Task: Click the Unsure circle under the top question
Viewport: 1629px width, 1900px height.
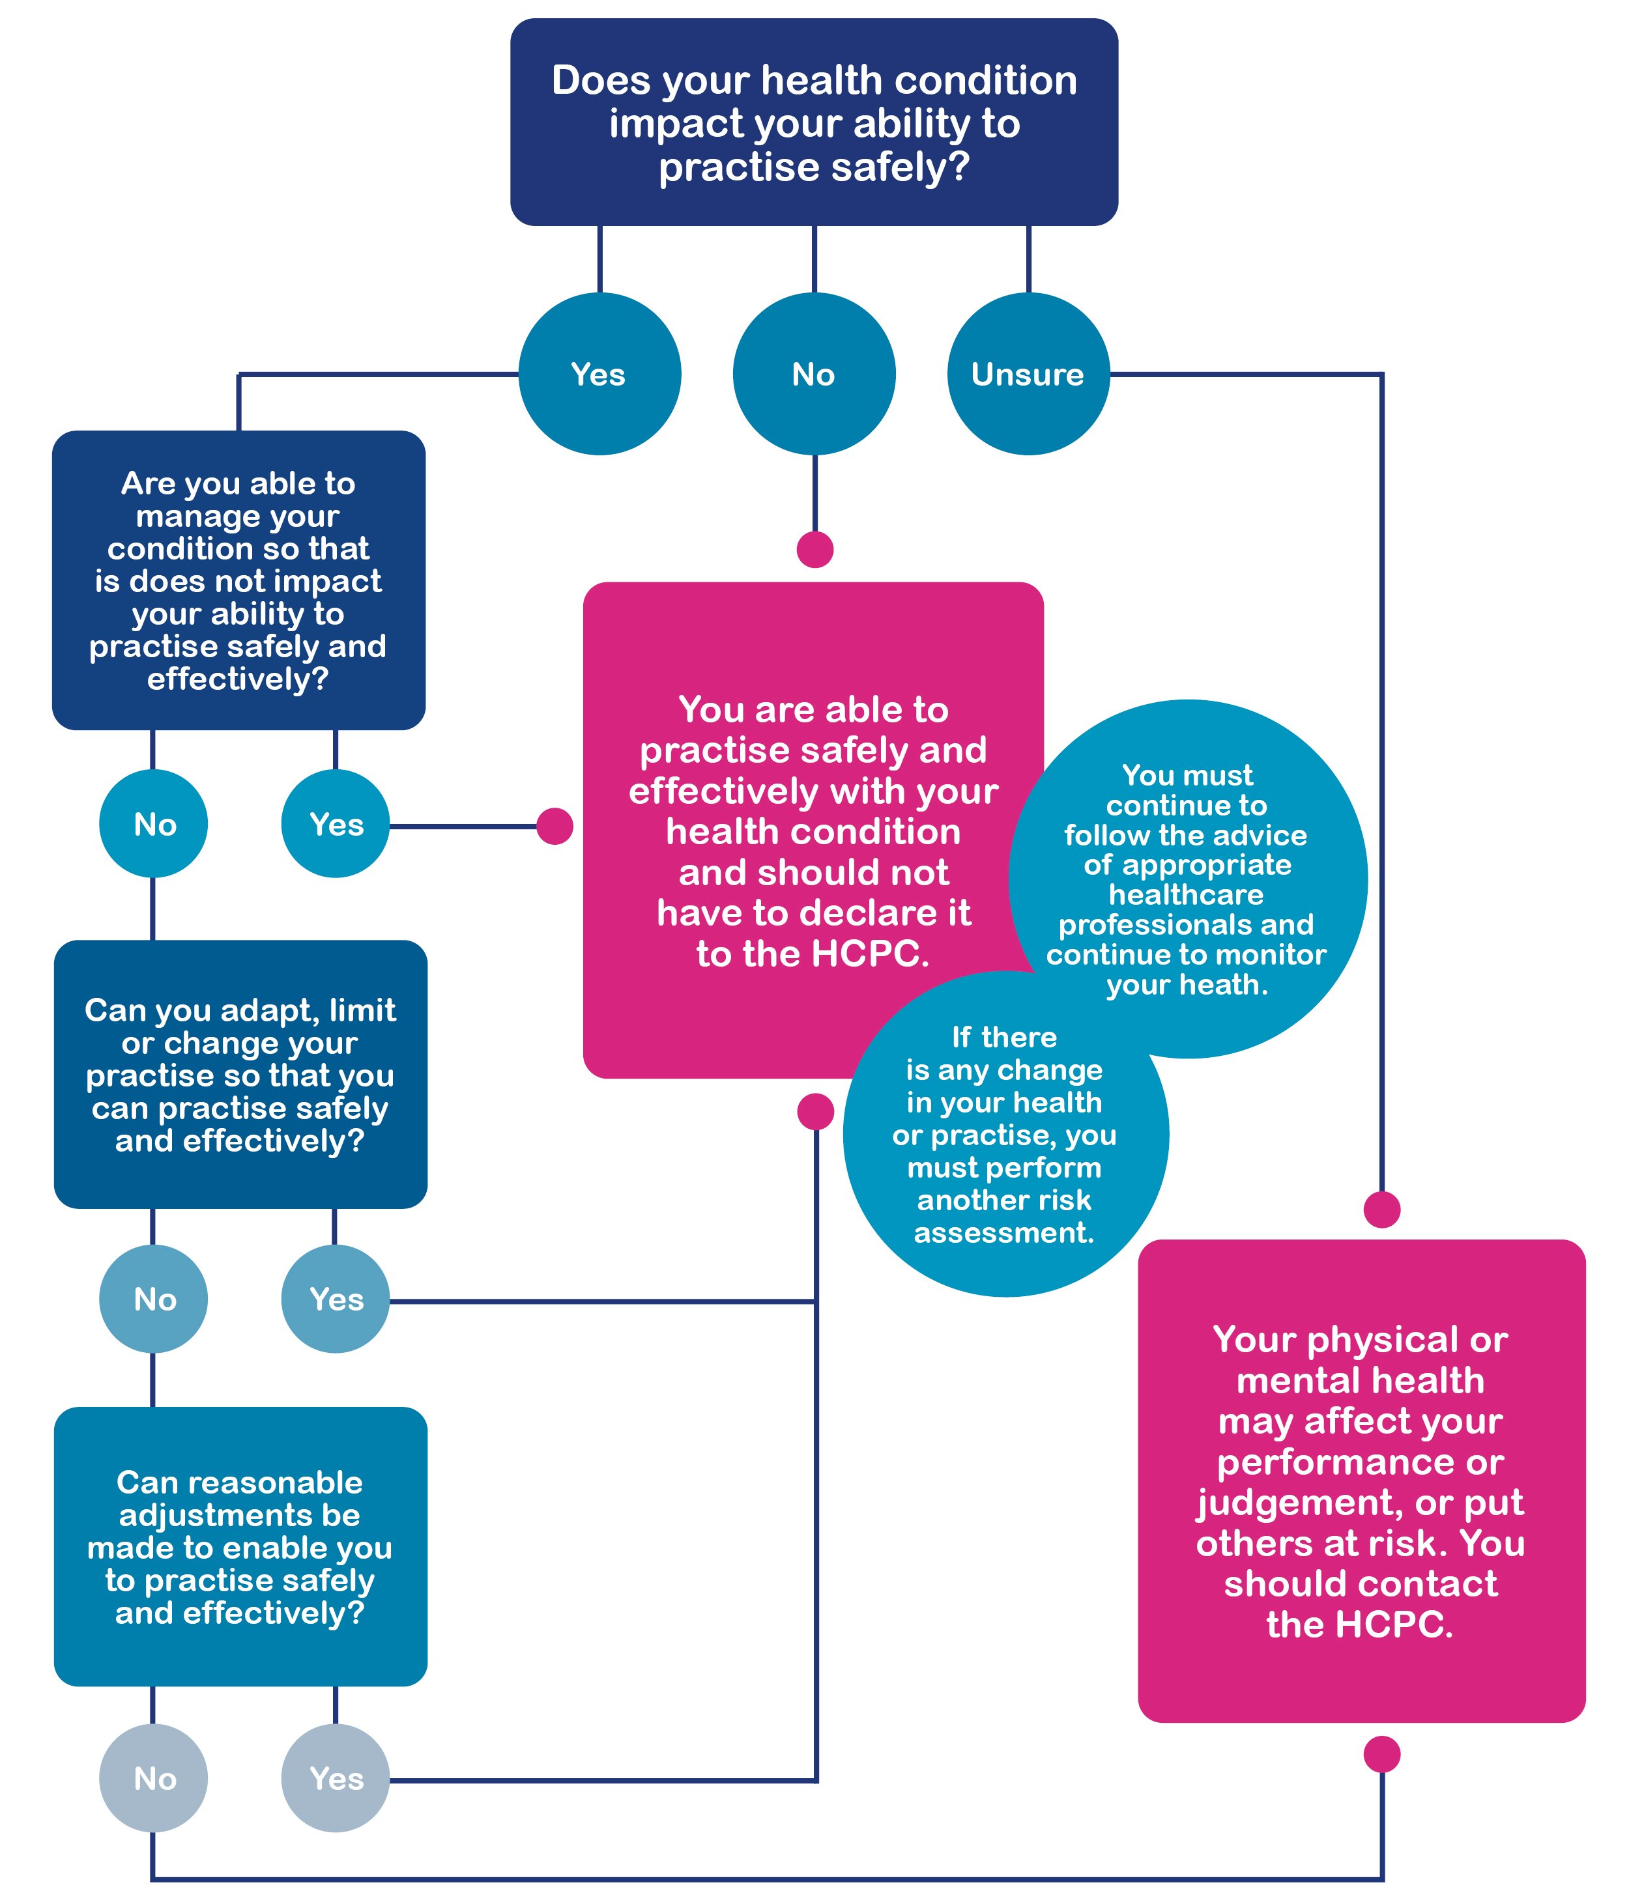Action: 1028,374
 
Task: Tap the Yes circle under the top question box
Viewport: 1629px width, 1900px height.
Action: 599,374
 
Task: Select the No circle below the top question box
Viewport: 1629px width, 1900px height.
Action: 814,374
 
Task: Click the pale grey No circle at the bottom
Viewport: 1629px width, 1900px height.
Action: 153,1779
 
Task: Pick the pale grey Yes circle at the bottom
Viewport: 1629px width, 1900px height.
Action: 336,1779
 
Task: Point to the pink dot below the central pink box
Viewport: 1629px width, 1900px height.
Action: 815,1111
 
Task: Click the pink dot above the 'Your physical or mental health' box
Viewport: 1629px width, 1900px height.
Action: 1381,1210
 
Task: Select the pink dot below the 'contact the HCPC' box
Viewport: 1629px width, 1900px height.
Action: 1381,1754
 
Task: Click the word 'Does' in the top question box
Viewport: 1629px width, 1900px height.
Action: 601,81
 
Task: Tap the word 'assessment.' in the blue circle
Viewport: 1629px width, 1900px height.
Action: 1003,1232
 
